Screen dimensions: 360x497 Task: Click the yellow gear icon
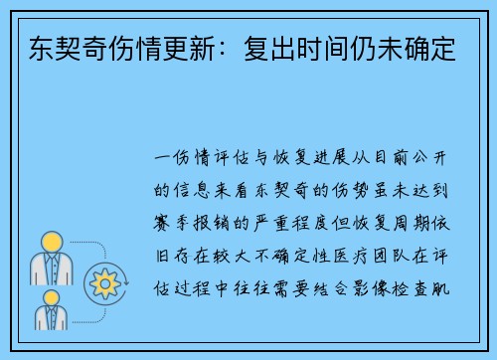[x=103, y=283]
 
